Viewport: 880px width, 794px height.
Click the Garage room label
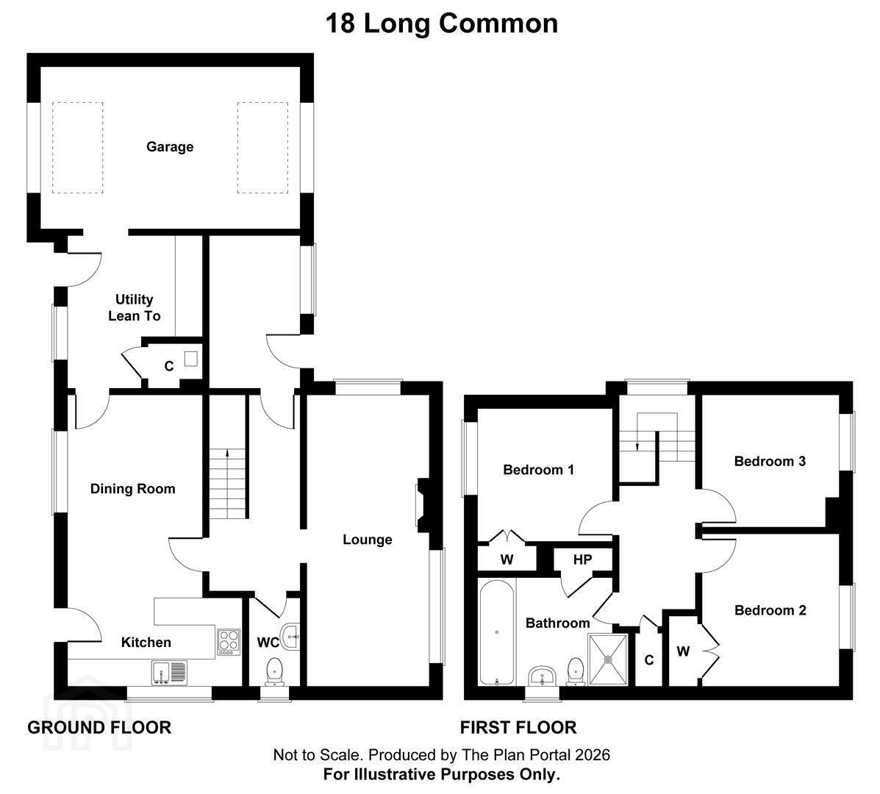170,147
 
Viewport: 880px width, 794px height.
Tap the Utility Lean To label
134,307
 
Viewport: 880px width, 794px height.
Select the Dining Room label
133,489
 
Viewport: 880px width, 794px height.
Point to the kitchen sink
169,672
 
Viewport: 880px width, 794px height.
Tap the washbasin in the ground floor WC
291,637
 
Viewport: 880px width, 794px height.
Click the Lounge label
368,540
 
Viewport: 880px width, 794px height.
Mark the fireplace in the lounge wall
423,505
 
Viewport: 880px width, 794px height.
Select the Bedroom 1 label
539,470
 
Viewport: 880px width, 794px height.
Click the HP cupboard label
582,559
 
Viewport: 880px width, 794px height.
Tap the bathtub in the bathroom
497,632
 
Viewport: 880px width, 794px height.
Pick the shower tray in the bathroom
608,660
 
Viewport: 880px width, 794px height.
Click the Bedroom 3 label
770,461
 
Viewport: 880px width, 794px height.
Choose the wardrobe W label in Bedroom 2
683,651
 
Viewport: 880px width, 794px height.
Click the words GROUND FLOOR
99,728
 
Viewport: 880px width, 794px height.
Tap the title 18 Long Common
442,24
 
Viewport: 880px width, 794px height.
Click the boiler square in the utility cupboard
191,359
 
